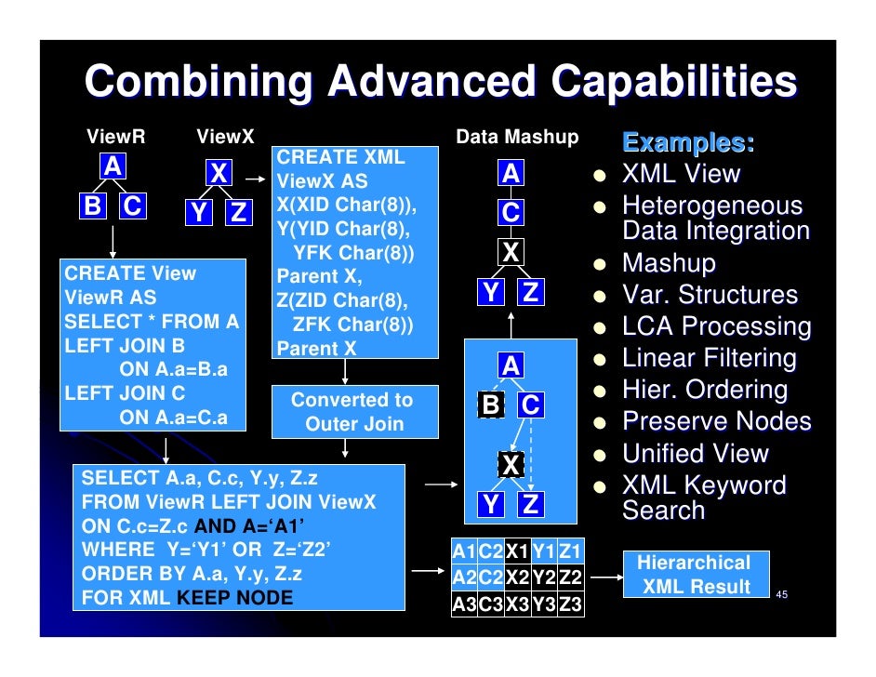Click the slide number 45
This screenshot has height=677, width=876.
coord(782,594)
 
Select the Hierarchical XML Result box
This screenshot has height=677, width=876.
coord(693,575)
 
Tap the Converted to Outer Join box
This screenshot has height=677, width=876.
coord(353,412)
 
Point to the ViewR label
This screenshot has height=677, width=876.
coord(116,138)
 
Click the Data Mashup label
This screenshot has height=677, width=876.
coord(517,138)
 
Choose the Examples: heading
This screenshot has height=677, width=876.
coord(688,143)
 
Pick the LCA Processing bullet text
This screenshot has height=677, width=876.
coord(716,326)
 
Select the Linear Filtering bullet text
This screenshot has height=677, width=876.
coord(709,358)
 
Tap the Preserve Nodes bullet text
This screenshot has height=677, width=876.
coord(716,421)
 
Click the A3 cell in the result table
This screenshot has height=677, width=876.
coord(464,605)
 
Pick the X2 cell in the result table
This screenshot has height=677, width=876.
coord(517,577)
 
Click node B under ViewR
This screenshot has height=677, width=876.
coord(93,206)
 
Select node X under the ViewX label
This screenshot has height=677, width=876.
coord(219,173)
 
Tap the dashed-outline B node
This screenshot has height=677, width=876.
coord(490,405)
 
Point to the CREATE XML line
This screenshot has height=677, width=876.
coord(341,157)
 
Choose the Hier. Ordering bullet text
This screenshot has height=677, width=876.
coord(704,390)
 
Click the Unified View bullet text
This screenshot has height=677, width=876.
coord(696,454)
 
